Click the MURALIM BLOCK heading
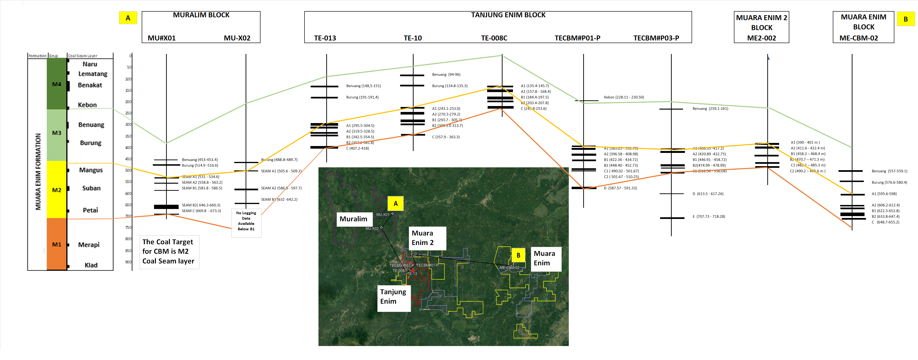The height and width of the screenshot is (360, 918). coord(201,15)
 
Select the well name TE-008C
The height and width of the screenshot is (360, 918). coord(494,38)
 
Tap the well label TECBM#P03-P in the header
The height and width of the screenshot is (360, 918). coord(656,38)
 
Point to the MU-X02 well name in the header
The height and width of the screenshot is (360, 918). coord(237,38)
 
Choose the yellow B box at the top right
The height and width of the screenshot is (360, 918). coord(905,19)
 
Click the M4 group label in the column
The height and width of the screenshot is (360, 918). coord(57,84)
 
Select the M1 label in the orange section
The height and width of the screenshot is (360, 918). coord(57,244)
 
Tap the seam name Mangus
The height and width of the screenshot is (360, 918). coord(91,170)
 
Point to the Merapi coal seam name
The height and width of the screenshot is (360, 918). coord(89,244)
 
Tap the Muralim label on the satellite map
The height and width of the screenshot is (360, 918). coord(353,219)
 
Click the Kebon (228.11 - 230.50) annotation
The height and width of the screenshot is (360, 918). coord(624,97)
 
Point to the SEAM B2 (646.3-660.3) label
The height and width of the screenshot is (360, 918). coord(201,205)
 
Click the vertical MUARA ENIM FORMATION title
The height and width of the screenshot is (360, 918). coord(38,171)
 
